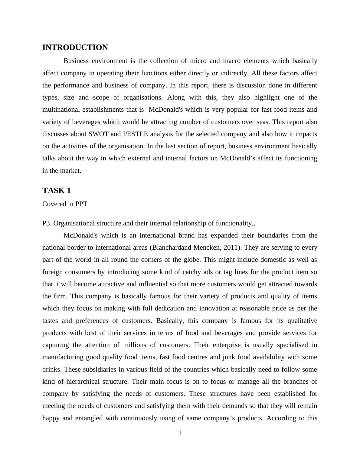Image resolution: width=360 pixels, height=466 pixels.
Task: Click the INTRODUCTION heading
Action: point(75,48)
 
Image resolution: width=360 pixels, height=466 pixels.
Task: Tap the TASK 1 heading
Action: point(57,191)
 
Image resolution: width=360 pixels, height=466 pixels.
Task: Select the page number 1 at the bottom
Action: point(180,433)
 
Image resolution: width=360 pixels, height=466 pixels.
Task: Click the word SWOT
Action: point(96,134)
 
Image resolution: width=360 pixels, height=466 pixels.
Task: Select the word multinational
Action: point(61,110)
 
